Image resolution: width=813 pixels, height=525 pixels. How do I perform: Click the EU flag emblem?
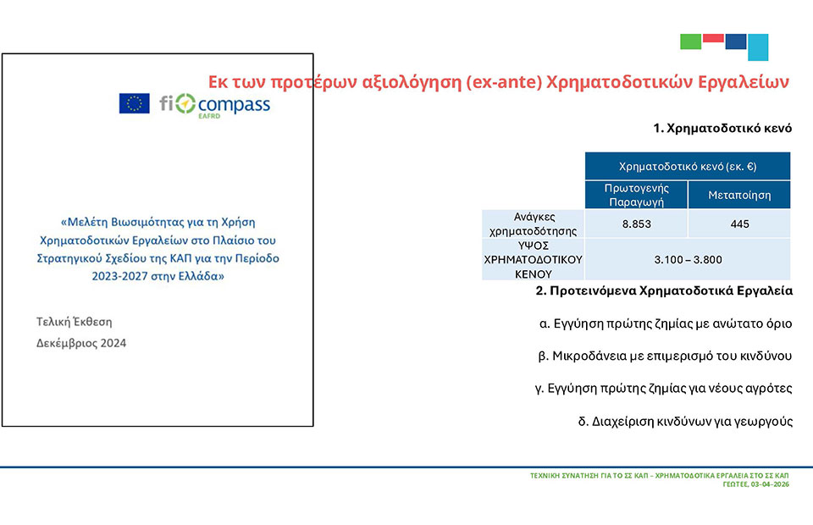[x=135, y=103]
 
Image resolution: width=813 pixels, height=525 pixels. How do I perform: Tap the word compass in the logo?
[x=234, y=105]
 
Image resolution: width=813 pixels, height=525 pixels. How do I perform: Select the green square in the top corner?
[x=691, y=41]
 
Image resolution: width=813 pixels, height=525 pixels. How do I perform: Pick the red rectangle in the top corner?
[x=713, y=38]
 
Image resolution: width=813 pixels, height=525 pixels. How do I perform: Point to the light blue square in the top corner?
[x=758, y=47]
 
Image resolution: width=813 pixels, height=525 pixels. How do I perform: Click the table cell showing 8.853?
[x=636, y=224]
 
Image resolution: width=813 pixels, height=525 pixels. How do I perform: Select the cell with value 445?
[x=739, y=224]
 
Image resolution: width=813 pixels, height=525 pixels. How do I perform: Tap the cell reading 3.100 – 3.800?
[x=688, y=259]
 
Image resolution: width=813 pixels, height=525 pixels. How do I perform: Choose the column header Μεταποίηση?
[x=739, y=195]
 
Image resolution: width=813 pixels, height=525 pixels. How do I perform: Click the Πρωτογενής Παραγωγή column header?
[x=636, y=195]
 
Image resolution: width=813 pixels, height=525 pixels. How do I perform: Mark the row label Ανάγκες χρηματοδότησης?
[x=533, y=224]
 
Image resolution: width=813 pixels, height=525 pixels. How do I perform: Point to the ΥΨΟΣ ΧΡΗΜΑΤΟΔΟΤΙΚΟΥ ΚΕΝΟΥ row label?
[x=533, y=259]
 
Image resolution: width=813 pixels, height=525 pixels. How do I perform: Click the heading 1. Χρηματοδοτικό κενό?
[x=722, y=128]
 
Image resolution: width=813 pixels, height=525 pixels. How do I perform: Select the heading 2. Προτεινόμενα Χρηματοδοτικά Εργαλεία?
[x=664, y=290]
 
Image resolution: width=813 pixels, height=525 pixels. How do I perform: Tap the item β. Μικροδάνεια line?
[x=665, y=356]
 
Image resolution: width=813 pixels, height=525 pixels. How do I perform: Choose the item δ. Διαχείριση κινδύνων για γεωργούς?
[x=685, y=421]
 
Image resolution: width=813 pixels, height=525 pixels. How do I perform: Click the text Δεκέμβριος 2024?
[x=81, y=343]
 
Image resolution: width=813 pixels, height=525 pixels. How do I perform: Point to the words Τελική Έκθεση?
[x=75, y=322]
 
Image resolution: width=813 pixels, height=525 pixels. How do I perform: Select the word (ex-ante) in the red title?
[x=503, y=82]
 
